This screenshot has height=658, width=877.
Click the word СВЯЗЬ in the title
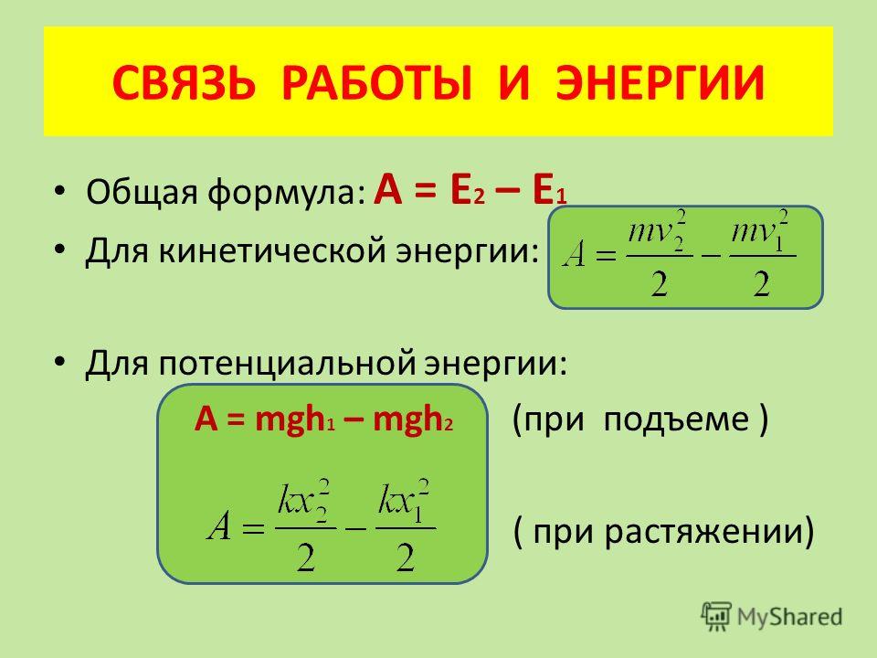184,83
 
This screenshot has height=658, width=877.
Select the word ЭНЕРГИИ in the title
660,83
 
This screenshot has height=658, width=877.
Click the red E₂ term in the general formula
467,190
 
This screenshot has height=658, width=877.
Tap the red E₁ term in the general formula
550,190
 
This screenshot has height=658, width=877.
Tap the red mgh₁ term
295,419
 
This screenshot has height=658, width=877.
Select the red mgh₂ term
413,419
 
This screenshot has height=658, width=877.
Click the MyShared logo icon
716,617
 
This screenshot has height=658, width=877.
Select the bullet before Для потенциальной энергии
60,363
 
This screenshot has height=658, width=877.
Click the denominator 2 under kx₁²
406,557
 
